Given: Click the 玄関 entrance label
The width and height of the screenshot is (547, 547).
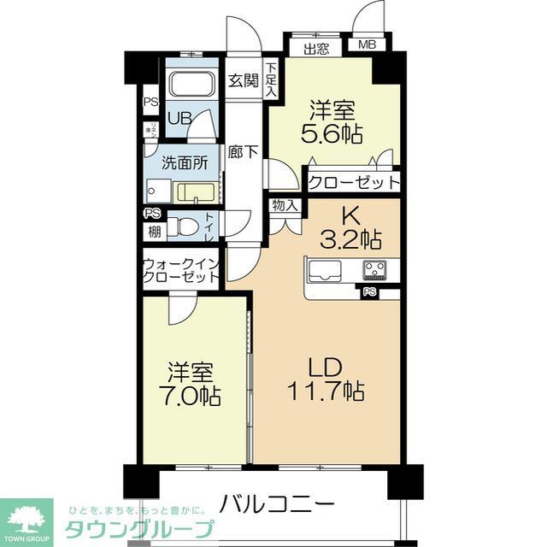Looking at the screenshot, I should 244,81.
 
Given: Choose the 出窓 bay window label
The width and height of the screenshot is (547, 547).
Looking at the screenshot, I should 316,48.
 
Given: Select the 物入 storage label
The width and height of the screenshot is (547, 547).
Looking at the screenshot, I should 285,205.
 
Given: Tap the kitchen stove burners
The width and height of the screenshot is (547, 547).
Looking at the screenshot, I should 373,269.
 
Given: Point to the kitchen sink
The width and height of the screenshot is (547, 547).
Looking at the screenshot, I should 325,271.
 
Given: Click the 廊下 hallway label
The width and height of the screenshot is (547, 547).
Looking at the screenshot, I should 244,153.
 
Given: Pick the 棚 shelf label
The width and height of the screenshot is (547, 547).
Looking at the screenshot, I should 154,231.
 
